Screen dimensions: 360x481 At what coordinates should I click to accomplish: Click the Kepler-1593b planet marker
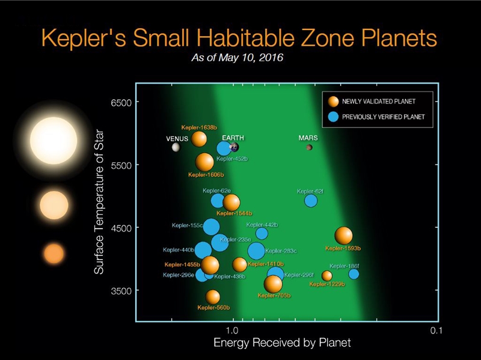pyautogui.click(x=343, y=236)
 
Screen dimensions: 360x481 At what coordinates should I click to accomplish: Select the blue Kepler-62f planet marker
pyautogui.click(x=311, y=200)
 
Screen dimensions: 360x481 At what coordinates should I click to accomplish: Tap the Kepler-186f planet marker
pyautogui.click(x=354, y=274)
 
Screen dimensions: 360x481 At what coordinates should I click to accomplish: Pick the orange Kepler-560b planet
pyautogui.click(x=213, y=296)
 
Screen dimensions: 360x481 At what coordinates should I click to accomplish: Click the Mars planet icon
pyautogui.click(x=309, y=147)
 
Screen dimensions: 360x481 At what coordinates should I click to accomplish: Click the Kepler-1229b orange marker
pyautogui.click(x=326, y=276)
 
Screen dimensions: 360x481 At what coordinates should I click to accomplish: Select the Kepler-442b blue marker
pyautogui.click(x=262, y=233)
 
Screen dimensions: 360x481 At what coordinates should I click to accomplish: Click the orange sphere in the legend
pyautogui.click(x=332, y=101)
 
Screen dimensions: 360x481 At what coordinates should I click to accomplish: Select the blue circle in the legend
pyautogui.click(x=332, y=117)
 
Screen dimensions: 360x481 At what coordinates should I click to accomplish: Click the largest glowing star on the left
pyautogui.click(x=54, y=141)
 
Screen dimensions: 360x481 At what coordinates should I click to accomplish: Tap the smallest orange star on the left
pyautogui.click(x=54, y=254)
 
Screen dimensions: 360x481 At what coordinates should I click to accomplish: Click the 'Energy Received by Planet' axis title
pyautogui.click(x=281, y=343)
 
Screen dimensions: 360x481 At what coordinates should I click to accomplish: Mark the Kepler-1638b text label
pyautogui.click(x=199, y=127)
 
